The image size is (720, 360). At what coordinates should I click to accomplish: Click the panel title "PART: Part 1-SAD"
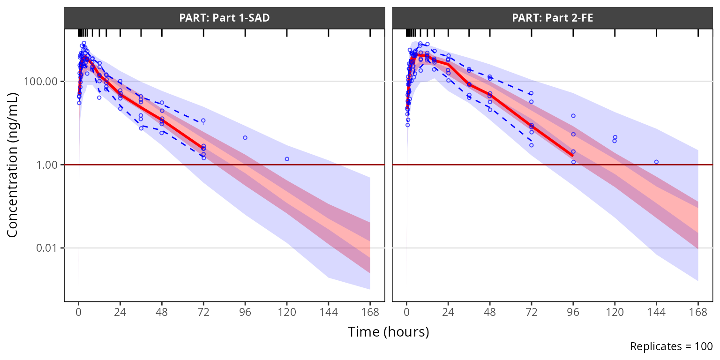(x=224, y=18)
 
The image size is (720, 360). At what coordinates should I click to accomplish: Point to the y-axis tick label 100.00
(x=43, y=82)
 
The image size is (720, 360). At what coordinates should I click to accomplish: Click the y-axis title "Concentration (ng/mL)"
(x=13, y=165)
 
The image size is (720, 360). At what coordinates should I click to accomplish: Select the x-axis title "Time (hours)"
(x=388, y=332)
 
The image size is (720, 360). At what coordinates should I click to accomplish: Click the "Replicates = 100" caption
(x=671, y=346)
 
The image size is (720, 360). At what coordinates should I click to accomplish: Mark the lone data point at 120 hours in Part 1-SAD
(x=287, y=159)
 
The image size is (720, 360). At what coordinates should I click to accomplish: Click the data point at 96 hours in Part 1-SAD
(x=245, y=138)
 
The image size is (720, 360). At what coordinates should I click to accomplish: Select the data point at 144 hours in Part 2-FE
(x=656, y=162)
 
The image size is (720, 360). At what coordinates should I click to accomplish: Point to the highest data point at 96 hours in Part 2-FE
(x=573, y=116)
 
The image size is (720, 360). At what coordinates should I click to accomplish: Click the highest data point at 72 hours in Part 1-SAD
(x=203, y=120)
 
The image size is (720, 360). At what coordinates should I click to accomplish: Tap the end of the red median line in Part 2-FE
(x=573, y=156)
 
